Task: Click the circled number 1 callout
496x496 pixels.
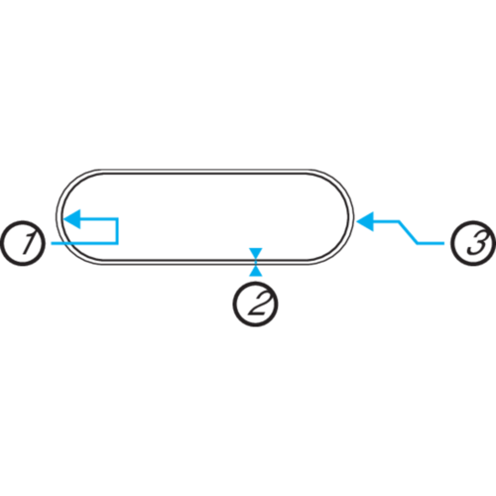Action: coord(23,243)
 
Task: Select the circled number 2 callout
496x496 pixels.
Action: coord(255,305)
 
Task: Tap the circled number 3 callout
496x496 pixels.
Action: coord(473,243)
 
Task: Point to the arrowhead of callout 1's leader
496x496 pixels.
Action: coord(71,219)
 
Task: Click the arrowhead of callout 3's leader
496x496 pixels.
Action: coord(365,221)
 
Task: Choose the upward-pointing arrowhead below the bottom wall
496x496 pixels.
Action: coord(256,271)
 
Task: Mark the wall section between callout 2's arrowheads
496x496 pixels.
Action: coord(256,262)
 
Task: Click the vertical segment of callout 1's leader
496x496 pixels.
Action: coord(117,231)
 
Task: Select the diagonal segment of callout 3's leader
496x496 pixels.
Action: coord(409,232)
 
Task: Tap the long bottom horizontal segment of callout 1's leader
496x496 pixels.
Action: coord(84,243)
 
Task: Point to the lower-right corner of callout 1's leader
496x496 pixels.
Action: coord(117,243)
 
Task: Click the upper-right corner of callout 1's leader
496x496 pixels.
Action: coord(117,218)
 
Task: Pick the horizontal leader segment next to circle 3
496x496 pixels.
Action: coord(431,243)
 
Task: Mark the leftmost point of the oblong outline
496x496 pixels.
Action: coord(57,217)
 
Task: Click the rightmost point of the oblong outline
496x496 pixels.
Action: coord(353,217)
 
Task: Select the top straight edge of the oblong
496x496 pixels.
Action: coord(205,171)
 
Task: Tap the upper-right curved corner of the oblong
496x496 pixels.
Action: coord(338,185)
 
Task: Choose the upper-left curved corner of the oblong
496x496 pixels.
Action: coord(71,185)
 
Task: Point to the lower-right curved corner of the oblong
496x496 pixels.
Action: coord(338,249)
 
